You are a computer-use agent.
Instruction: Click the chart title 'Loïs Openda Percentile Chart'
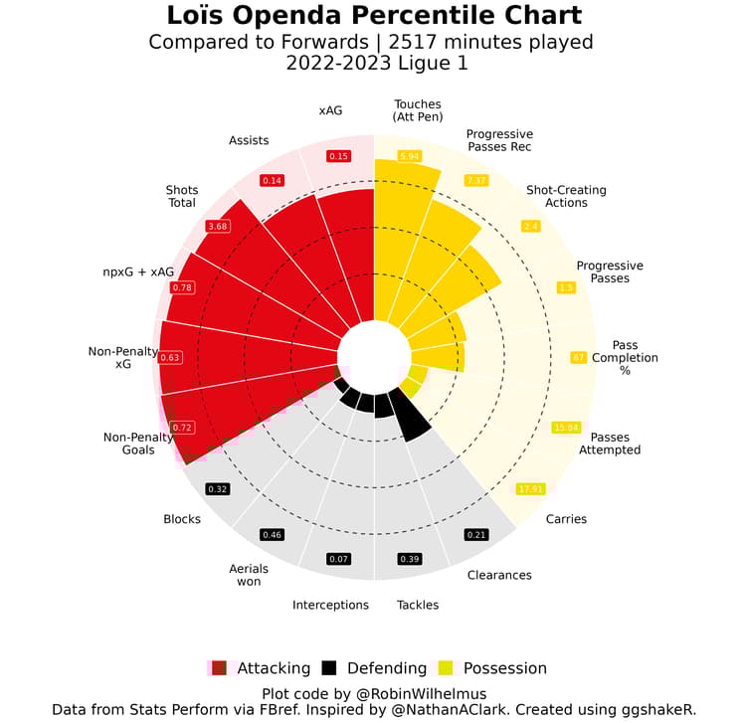[x=373, y=16]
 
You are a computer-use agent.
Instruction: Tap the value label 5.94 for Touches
[x=409, y=156]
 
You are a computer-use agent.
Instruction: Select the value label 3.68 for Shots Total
[x=217, y=227]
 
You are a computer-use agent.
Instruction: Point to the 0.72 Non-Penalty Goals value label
[x=182, y=428]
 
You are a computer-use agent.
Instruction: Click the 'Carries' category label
[x=566, y=519]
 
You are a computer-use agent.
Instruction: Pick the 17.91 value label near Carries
[x=530, y=489]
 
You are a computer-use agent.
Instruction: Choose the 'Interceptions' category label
[x=330, y=605]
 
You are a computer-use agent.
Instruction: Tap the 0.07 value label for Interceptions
[x=338, y=559]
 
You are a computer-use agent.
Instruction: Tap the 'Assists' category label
[x=249, y=140]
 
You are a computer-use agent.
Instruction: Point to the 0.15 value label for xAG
[x=338, y=156]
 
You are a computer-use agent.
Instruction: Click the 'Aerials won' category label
[x=249, y=574]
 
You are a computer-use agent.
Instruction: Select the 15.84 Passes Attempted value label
[x=566, y=428]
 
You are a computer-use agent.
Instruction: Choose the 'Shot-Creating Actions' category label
[x=565, y=196]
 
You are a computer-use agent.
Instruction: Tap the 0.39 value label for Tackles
[x=409, y=559]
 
